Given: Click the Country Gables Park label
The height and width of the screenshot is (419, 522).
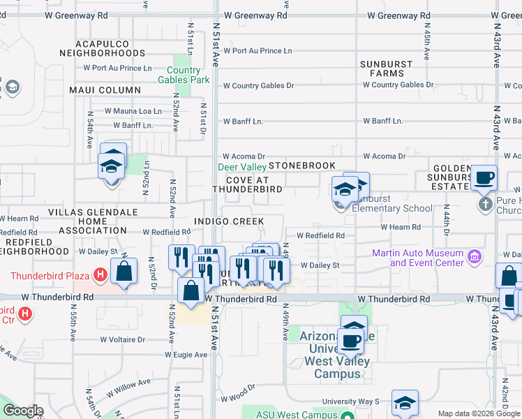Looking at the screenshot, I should coord(188,75).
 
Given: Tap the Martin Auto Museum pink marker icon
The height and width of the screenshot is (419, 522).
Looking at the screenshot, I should coord(475,256).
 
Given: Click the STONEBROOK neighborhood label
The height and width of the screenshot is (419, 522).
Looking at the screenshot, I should coord(302,166).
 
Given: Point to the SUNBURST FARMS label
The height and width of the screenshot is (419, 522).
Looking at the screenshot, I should coord(386,68).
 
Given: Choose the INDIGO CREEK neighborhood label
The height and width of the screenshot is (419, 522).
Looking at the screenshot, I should coord(229,221).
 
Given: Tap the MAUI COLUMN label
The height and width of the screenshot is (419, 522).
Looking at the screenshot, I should coord(105,90).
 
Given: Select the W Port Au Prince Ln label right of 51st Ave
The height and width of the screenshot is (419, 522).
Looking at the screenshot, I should coord(257,51).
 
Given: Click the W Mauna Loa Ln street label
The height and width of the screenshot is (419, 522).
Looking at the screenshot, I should coord(133,111).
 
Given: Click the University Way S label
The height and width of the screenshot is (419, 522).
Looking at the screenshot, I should coord(350,402).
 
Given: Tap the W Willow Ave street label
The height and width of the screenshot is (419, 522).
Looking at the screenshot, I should coord(129,382).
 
